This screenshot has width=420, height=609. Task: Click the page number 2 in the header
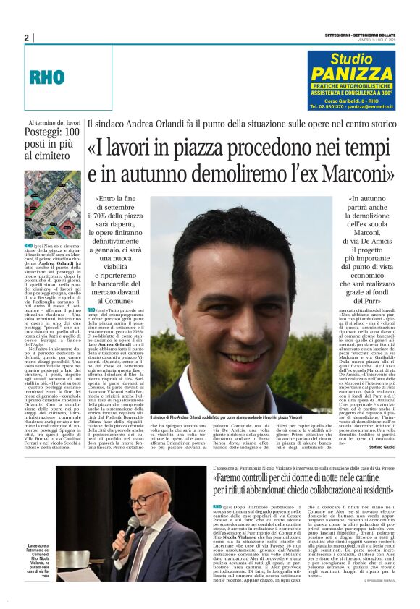tap(26, 38)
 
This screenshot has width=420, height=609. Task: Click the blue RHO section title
tap(47, 77)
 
